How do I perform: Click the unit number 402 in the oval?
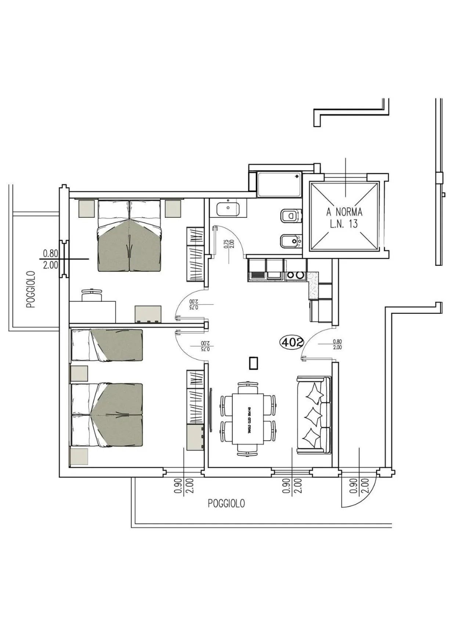pos(292,342)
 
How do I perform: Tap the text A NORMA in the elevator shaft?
pos(344,212)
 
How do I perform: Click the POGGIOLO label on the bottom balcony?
pos(226,503)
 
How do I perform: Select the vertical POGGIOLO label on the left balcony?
pos(31,290)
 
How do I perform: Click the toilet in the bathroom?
pos(291,216)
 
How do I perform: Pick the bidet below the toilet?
pos(291,241)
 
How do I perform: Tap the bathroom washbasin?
pos(228,209)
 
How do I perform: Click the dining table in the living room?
pos(248,419)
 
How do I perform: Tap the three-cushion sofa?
pos(314,414)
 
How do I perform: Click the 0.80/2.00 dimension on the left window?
pos(50,259)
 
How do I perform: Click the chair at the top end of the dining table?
pos(248,388)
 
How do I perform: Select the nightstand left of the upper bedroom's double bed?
pos(87,208)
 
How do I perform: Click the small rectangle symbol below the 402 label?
pos(253,363)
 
